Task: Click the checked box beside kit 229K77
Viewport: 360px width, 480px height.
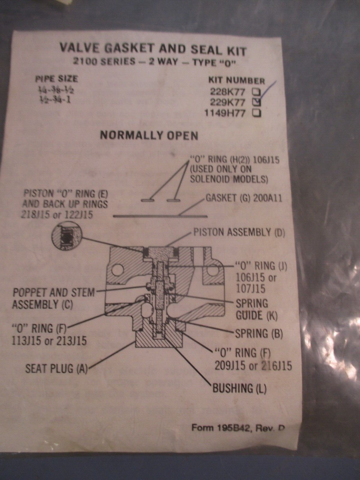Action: (x=257, y=102)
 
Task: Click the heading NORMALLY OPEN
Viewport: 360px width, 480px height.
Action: (x=149, y=136)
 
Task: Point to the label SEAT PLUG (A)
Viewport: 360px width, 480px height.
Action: (x=56, y=368)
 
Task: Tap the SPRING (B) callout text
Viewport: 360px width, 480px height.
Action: (x=259, y=333)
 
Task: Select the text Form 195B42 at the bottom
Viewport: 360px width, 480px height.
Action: (x=219, y=427)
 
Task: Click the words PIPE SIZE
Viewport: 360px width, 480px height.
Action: (x=56, y=79)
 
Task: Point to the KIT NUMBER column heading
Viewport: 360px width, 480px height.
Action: (x=237, y=80)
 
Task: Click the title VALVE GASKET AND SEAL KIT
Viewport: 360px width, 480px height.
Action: (x=153, y=50)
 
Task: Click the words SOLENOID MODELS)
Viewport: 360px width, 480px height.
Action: (x=229, y=179)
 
